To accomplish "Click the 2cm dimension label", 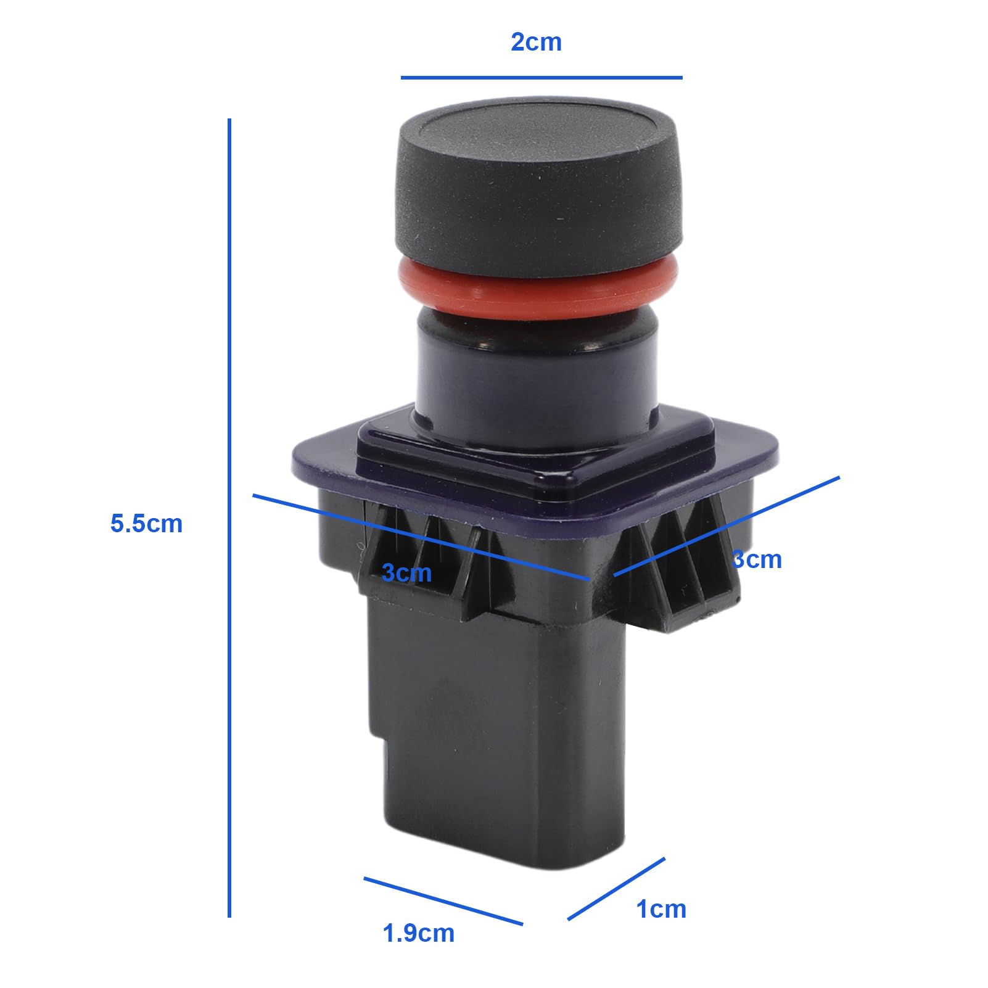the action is pos(536,42).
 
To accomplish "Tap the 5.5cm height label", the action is pos(146,524).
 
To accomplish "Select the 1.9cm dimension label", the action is pos(419,933).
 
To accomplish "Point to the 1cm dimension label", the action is pos(661,909).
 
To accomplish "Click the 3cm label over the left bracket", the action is pos(406,572).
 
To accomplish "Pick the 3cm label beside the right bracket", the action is pos(757,559).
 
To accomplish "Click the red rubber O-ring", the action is pos(538,284).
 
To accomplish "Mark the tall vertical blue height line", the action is pos(229,518).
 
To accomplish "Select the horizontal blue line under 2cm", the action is pos(541,78).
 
